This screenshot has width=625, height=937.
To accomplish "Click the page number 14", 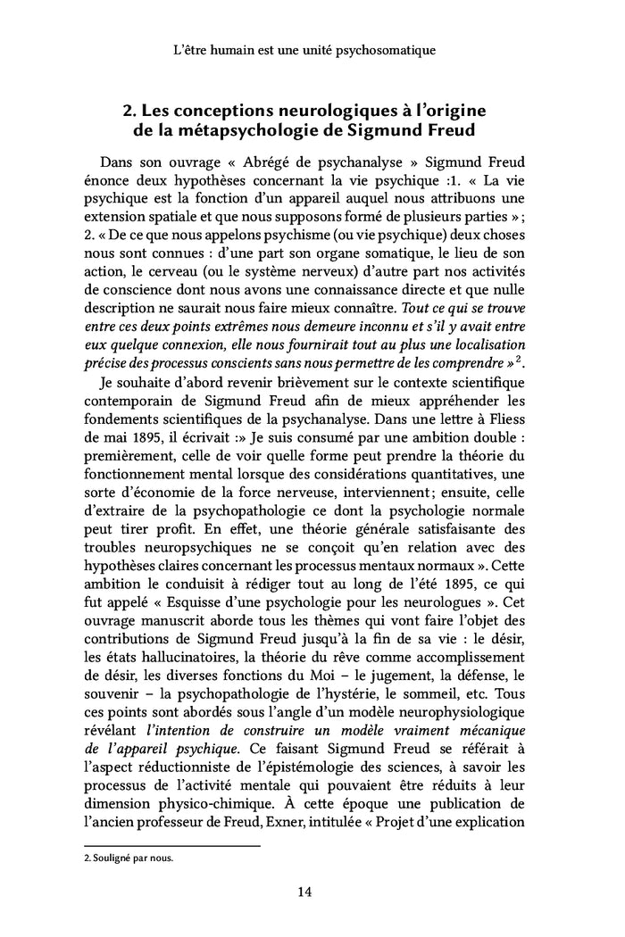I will [312, 890].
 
